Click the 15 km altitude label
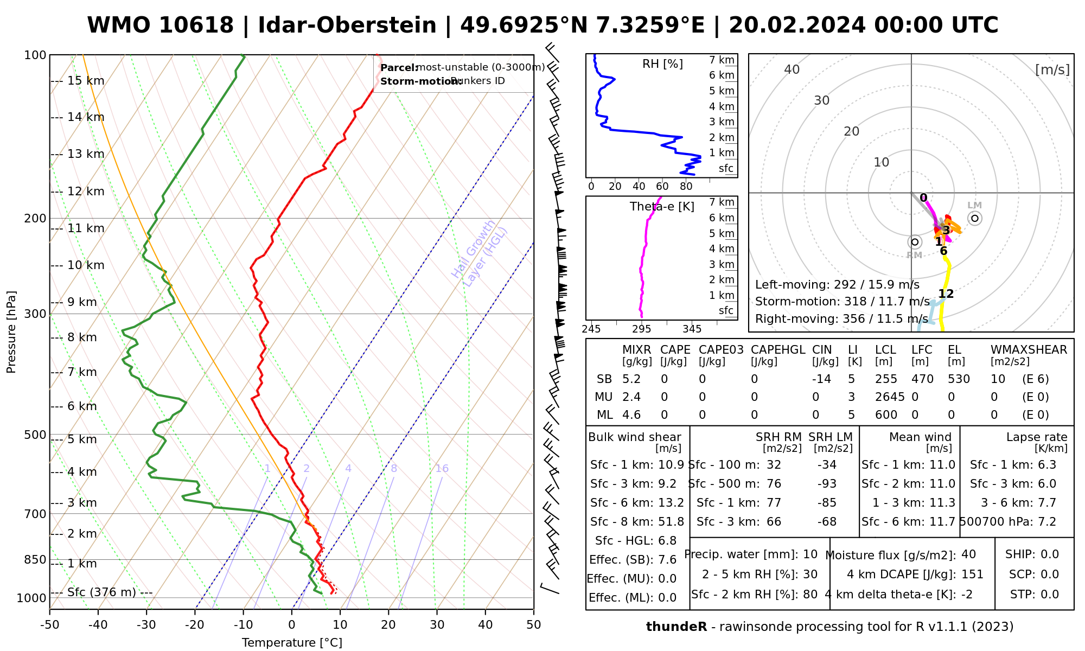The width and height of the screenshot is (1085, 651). pos(86,81)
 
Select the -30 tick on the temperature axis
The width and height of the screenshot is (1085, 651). pos(146,625)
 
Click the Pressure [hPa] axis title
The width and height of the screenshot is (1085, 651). pos(11,332)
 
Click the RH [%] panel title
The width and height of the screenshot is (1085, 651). pos(662,64)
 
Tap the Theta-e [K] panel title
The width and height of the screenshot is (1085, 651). pos(662,207)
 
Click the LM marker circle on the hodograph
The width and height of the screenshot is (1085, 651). pos(975,218)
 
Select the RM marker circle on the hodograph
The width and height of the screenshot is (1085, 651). pos(915,242)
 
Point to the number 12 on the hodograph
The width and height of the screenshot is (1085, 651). pos(946,294)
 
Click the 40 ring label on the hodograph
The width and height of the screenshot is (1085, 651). pos(792,69)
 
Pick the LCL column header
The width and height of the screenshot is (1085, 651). pos(885,350)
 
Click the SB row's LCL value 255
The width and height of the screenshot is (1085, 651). pos(886,379)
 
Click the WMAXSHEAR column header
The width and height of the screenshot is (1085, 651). pos(1029,350)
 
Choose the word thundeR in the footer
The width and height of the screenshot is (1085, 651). pos(676,627)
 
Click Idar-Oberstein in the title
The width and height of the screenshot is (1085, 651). pos(347,25)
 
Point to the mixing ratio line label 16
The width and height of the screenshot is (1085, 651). pos(442,469)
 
